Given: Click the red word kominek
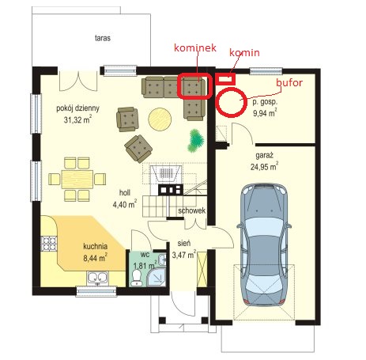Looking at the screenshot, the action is pos(195,47).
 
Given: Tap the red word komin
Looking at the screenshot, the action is pos(244,52).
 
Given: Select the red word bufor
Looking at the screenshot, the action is pos(289,83).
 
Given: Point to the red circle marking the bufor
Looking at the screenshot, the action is pos(217,102).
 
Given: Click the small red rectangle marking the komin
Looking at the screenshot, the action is pos(225,78).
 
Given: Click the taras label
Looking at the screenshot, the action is pos(103,38).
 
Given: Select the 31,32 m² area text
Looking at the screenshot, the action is pos(77,120).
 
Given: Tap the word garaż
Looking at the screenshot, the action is pos(264,155).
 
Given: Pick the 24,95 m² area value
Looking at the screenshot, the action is pos(264,167).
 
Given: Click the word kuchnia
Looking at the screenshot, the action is pos(95,246).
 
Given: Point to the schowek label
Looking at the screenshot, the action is pos(191,210).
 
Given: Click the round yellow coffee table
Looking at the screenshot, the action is pos(160,119).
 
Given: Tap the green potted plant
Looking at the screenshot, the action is pos(196,141).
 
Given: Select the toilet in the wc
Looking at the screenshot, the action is pos(137,277).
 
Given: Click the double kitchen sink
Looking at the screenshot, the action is pos(97,278).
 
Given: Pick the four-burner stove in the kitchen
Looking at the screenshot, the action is pos(49,243).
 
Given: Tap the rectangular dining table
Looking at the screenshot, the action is pos(77,180).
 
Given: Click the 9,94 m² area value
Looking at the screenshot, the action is pos(265,113).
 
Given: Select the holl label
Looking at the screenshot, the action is pos(125,192).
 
